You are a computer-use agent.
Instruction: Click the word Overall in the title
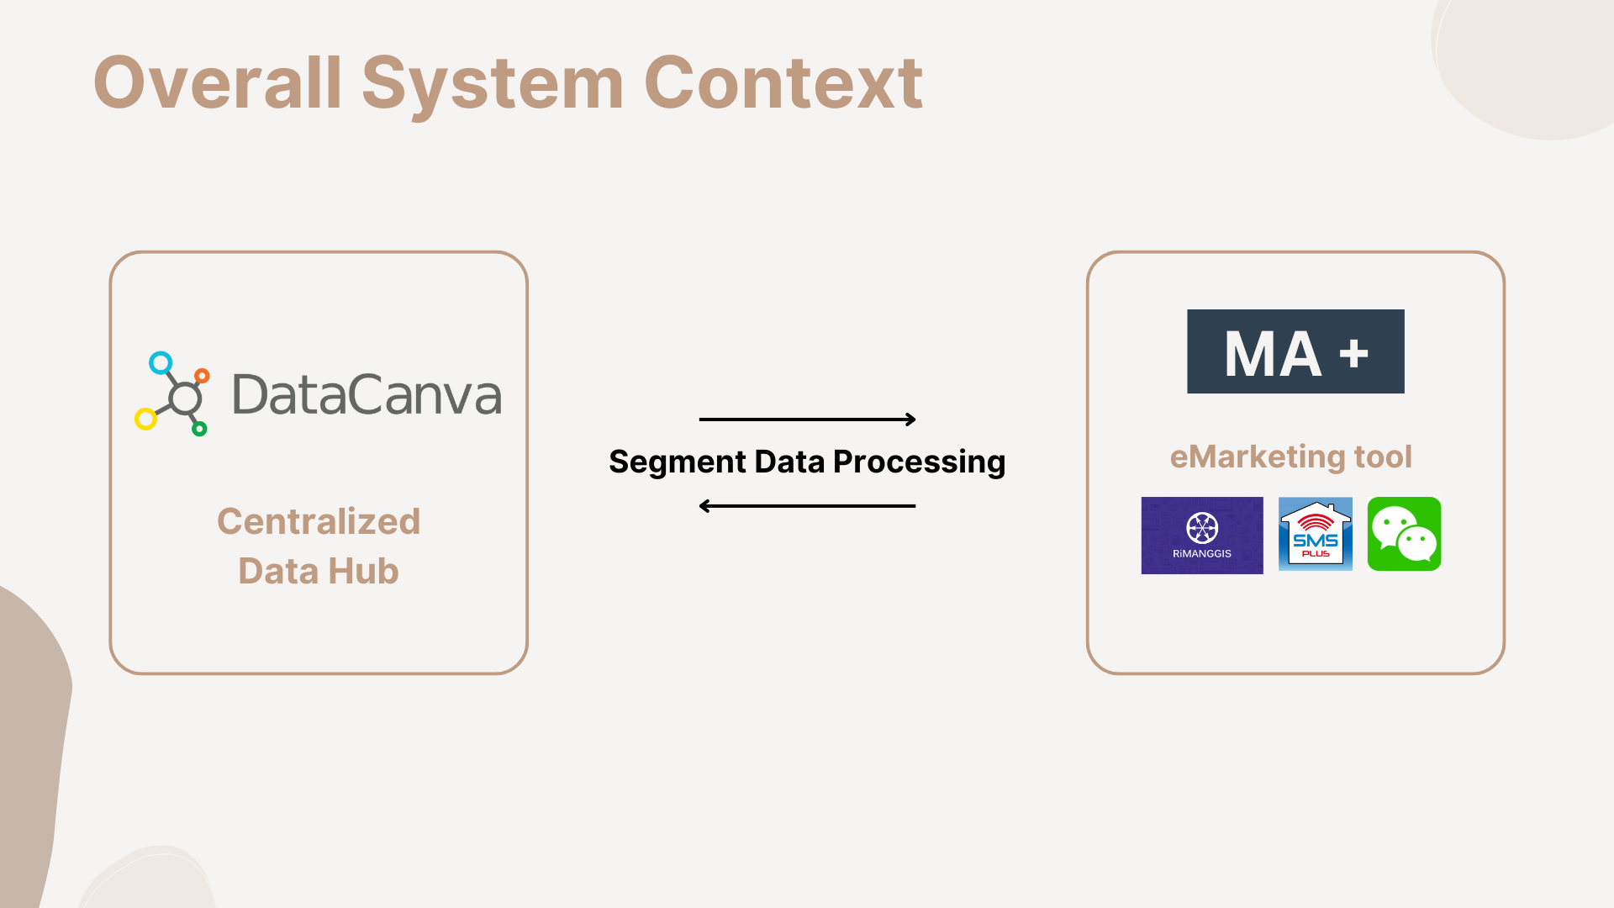coord(218,82)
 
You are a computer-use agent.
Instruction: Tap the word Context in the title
coord(783,82)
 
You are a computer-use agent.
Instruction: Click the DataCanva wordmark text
coord(367,394)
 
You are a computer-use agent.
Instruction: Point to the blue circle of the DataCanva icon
coord(161,363)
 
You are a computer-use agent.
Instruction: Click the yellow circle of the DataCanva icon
coord(146,419)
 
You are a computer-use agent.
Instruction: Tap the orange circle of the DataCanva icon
coord(202,376)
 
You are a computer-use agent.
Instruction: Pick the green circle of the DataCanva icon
coord(199,429)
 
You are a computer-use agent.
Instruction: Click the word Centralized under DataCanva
coord(319,521)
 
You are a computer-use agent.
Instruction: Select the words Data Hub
coord(319,571)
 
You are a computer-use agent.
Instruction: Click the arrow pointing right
coord(807,419)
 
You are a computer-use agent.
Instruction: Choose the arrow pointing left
coord(807,506)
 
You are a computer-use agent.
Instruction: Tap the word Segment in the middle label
coord(678,462)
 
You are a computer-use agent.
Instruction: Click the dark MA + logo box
coord(1295,351)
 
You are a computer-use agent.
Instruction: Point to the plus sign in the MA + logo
coord(1354,354)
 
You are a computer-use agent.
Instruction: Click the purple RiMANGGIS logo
coord(1202,536)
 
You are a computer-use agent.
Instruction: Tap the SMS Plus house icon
coord(1316,534)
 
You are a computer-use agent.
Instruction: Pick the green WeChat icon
coord(1404,534)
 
